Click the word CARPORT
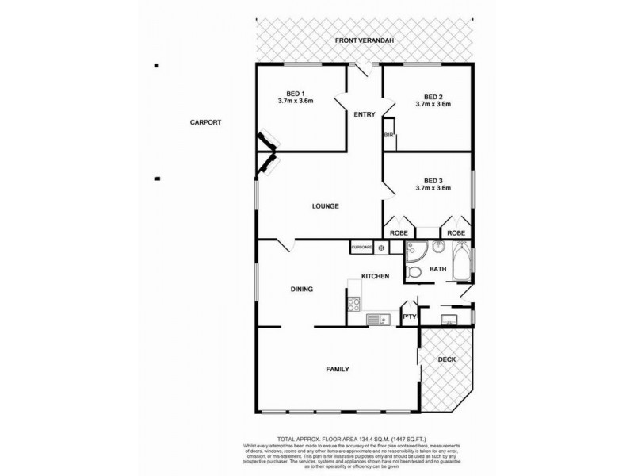pyautogui.click(x=204, y=122)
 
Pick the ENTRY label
pyautogui.click(x=364, y=115)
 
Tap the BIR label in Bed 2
pyautogui.click(x=388, y=136)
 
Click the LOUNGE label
pyautogui.click(x=325, y=206)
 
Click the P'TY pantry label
pyautogui.click(x=409, y=318)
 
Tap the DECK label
pyautogui.click(x=447, y=359)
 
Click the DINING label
pyautogui.click(x=301, y=290)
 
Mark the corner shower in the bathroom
pyautogui.click(x=414, y=251)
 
